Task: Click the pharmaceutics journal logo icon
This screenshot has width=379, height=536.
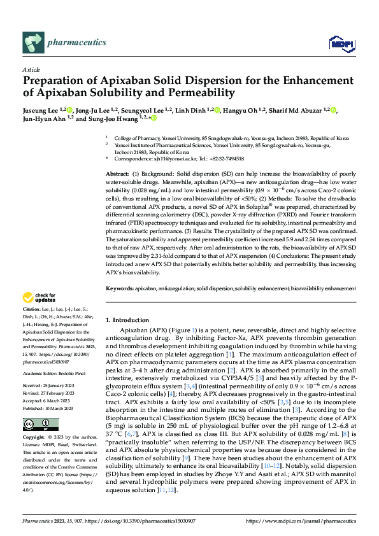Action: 32,43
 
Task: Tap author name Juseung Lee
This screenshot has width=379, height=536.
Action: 41,110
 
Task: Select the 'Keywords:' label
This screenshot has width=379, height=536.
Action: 119,288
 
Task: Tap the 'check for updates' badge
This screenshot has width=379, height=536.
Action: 39,298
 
